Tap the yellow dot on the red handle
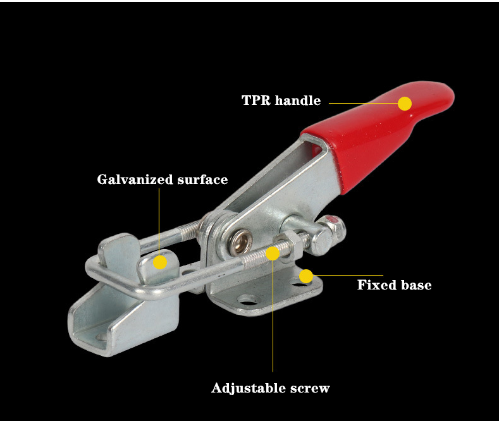click(x=405, y=104)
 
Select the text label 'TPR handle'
click(x=281, y=101)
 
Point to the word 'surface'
click(x=202, y=180)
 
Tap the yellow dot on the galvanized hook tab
click(x=160, y=262)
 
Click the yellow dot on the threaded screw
click(x=273, y=253)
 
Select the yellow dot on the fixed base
click(x=306, y=276)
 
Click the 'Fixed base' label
click(x=394, y=285)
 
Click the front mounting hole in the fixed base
click(x=248, y=300)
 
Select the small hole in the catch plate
click(x=101, y=337)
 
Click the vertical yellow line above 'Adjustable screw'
click(x=273, y=315)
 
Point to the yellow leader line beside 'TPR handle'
click(x=364, y=103)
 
